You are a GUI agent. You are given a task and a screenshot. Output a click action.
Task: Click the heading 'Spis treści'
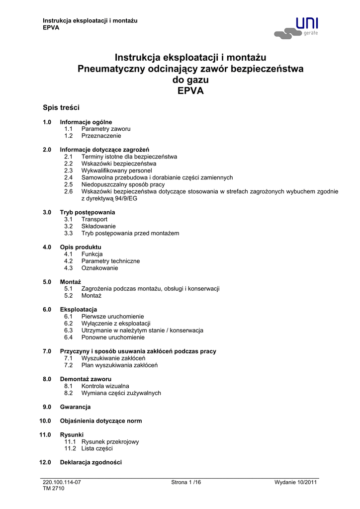tap(61, 107)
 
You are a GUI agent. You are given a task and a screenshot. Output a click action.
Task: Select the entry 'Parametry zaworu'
tap(106, 129)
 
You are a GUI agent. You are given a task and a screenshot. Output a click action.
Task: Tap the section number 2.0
tap(47, 150)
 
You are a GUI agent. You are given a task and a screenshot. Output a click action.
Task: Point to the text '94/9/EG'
tap(126, 198)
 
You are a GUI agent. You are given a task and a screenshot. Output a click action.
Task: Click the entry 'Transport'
tap(94, 219)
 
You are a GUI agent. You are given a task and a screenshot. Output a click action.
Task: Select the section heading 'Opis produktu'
tap(81, 247)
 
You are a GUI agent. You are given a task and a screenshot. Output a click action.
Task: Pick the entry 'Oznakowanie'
tap(100, 268)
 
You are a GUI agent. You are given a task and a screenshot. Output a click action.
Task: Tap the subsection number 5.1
tap(69, 289)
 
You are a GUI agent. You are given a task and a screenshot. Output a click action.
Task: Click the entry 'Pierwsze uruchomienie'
tap(113, 317)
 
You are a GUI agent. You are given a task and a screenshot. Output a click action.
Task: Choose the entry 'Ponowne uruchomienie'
tap(113, 338)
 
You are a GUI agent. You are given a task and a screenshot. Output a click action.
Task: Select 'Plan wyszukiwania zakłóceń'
tap(119, 365)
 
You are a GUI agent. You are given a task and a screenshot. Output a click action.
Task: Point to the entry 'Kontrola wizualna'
tap(105, 386)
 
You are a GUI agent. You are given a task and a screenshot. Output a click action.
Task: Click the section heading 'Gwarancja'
tap(76, 407)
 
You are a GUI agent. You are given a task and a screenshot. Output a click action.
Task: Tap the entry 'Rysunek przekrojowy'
tap(110, 442)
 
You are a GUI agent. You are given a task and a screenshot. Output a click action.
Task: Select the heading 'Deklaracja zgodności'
tap(91, 463)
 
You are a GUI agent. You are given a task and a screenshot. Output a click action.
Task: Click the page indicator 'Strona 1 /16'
tap(186, 483)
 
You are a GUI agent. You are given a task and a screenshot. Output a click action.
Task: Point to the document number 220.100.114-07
tap(62, 483)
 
